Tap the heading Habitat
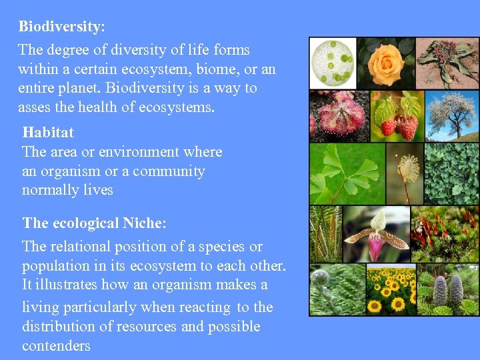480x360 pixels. [x=48, y=132]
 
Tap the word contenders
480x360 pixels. [x=56, y=346]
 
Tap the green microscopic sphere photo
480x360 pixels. [x=333, y=63]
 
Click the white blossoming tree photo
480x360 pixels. [x=452, y=115]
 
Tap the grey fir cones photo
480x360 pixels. [x=448, y=290]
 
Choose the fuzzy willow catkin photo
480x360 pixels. [x=405, y=173]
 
